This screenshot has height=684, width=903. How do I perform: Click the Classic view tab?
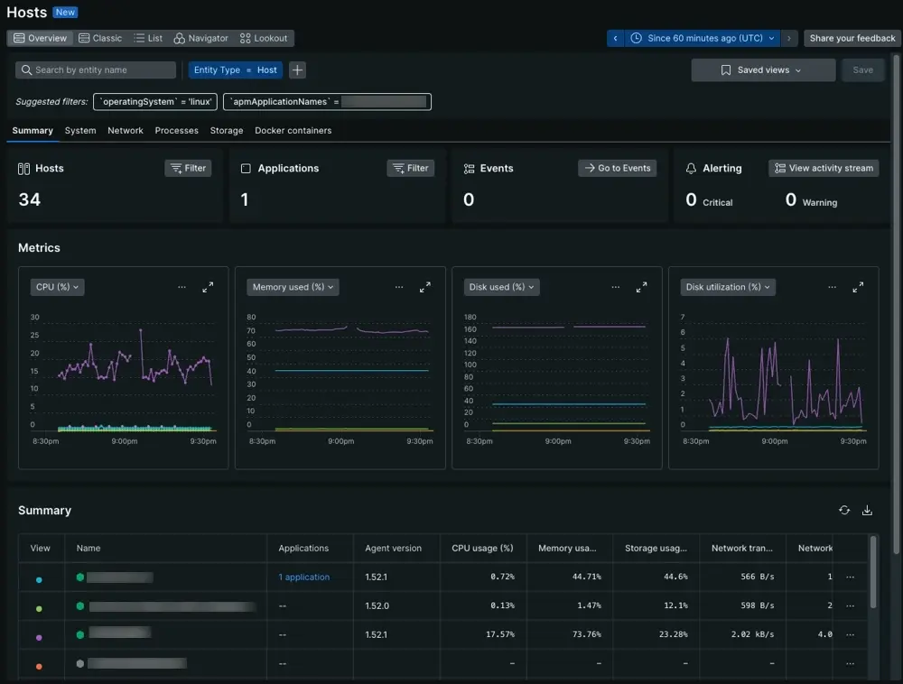point(100,39)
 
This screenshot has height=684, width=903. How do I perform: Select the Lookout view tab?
point(264,39)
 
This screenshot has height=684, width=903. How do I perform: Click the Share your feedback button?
point(852,39)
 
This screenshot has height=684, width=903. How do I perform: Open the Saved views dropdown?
point(763,70)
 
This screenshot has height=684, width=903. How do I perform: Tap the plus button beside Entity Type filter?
point(297,70)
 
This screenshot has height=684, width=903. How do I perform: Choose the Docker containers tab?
point(293,131)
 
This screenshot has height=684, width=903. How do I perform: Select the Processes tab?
point(176,131)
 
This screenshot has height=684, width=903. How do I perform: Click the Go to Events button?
point(617,169)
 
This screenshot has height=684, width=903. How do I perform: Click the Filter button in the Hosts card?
point(188,169)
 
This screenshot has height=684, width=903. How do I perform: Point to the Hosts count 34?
point(30,199)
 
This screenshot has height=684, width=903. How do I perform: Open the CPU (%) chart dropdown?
point(57,287)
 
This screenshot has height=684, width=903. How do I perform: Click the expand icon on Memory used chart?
point(425,287)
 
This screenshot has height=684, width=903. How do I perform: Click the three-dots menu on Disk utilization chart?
point(833,287)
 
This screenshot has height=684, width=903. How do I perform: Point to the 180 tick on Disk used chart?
point(469,318)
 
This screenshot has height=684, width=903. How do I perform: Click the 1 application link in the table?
point(303,578)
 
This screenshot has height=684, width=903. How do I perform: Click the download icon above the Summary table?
point(868,511)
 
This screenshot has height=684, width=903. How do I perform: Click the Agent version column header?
point(393,548)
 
